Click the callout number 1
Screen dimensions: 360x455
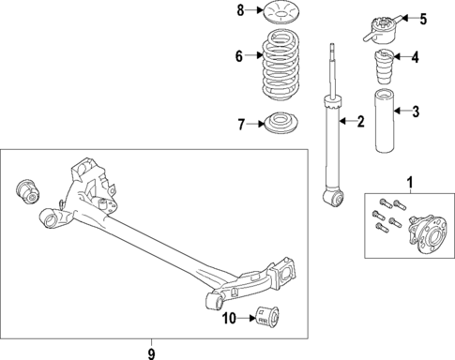point(409,181)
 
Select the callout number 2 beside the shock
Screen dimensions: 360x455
point(357,120)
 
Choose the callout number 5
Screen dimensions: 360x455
point(422,18)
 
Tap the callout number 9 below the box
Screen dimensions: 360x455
point(150,352)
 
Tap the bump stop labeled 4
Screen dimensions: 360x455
point(384,69)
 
